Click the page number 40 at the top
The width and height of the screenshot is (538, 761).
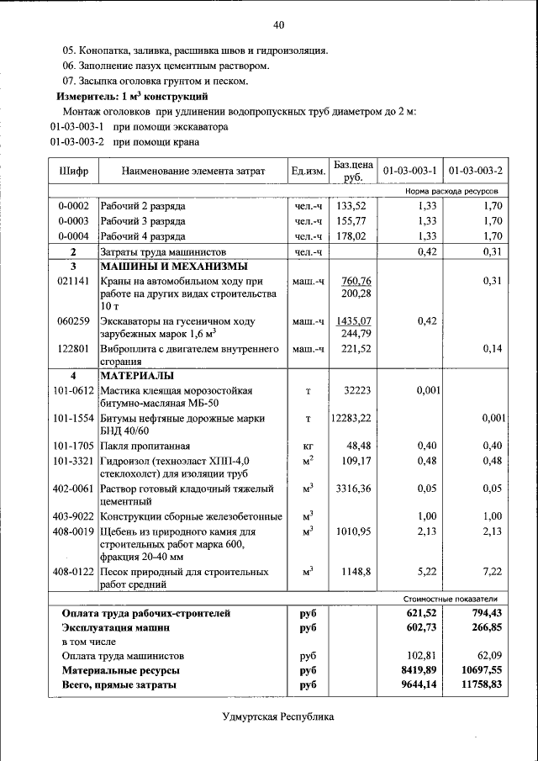[x=278, y=24]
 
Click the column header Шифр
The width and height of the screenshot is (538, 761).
[x=73, y=172]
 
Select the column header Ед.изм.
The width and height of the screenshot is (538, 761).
[x=308, y=172]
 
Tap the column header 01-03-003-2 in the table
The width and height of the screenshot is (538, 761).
[x=476, y=172]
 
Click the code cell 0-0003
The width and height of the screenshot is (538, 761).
[x=73, y=220]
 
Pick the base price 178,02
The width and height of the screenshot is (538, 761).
[x=351, y=236]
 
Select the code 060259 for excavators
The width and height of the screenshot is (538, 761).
[x=73, y=321]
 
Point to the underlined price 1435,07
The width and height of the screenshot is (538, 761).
[x=353, y=321]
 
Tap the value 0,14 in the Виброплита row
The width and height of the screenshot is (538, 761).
[x=493, y=349]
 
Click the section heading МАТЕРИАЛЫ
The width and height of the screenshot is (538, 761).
[x=137, y=375]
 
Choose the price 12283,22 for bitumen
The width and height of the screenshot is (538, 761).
[x=351, y=418]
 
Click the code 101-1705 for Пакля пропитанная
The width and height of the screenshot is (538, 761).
[x=73, y=445]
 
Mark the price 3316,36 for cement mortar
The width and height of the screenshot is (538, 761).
[x=353, y=488]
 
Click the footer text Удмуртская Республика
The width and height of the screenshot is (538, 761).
[x=278, y=717]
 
